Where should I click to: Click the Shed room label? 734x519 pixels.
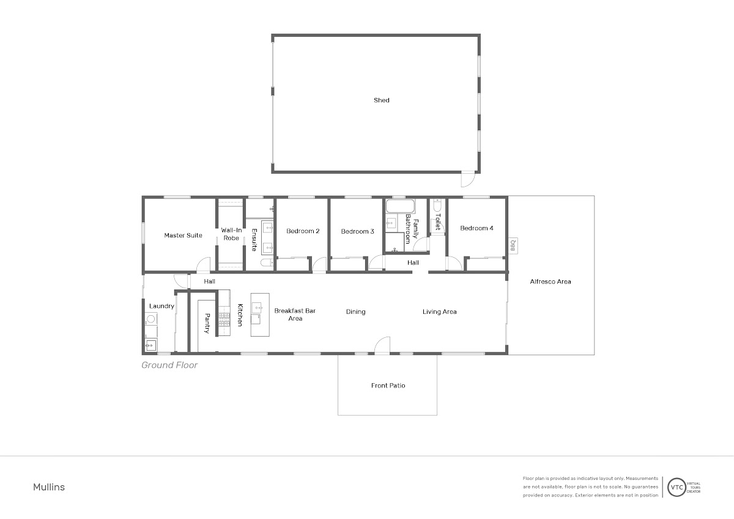(x=382, y=100)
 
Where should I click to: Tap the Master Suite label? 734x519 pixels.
(x=183, y=236)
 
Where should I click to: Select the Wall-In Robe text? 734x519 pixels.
(x=231, y=234)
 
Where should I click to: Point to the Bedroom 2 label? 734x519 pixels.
(x=303, y=231)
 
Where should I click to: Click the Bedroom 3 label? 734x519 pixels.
(x=357, y=231)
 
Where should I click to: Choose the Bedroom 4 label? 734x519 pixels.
(x=476, y=228)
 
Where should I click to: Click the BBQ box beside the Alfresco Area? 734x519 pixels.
(x=513, y=245)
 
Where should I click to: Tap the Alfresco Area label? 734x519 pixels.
(x=550, y=282)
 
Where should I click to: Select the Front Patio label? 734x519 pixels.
(x=388, y=386)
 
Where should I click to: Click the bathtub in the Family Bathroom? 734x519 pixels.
(x=400, y=206)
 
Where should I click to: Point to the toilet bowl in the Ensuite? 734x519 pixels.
(x=267, y=263)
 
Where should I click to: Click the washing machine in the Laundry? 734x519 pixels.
(x=150, y=319)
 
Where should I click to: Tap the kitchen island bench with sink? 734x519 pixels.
(x=260, y=315)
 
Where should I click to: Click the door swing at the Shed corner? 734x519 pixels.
(x=467, y=179)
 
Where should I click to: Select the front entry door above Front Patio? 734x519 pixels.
(x=382, y=345)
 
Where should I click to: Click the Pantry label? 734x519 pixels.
(x=207, y=323)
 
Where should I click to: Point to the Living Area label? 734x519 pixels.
(x=439, y=312)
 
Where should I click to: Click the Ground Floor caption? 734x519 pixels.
(x=169, y=365)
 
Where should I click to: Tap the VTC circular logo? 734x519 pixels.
(x=677, y=487)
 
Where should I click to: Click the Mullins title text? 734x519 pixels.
(x=49, y=487)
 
